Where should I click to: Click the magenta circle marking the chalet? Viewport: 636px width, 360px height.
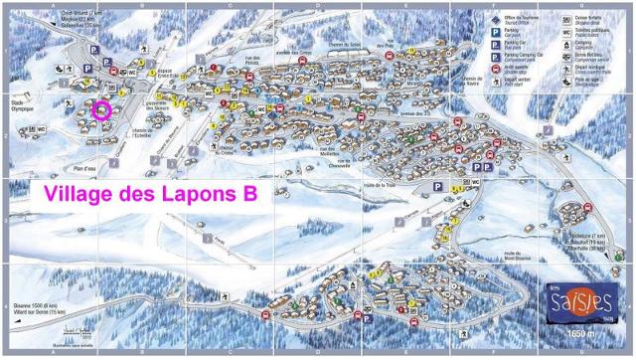(100, 110)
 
